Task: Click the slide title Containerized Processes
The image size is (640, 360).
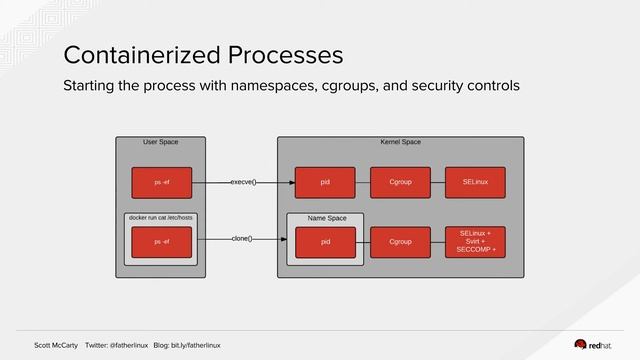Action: click(x=203, y=53)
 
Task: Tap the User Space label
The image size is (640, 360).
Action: click(x=161, y=143)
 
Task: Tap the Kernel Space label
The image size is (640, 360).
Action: click(x=400, y=143)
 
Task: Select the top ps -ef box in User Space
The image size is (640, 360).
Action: click(x=161, y=183)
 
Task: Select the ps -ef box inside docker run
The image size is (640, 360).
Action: click(x=161, y=242)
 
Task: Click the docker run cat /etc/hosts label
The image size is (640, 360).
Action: click(x=161, y=217)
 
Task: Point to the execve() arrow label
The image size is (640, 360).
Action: click(x=243, y=183)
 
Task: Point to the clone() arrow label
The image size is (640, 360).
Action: click(x=241, y=239)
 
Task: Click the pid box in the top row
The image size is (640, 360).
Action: click(x=325, y=183)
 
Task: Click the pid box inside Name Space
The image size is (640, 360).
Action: click(x=325, y=242)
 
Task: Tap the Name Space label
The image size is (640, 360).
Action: click(x=326, y=218)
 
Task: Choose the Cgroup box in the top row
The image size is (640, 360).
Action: click(x=400, y=183)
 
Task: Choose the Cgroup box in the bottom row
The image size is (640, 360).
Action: click(x=400, y=242)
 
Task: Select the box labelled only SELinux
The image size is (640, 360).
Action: click(x=475, y=183)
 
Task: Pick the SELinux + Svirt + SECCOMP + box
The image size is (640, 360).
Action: click(x=475, y=242)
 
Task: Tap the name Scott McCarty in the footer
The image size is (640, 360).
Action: click(x=56, y=345)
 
